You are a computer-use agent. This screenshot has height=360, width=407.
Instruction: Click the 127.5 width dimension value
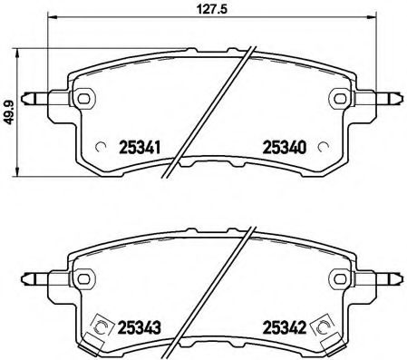coord(206,12)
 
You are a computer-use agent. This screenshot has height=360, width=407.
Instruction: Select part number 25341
coord(141,146)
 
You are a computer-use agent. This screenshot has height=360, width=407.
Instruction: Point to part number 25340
coord(284,146)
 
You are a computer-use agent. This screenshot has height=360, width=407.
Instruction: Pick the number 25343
coord(141,327)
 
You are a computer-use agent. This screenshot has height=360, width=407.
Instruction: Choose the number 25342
coord(284,327)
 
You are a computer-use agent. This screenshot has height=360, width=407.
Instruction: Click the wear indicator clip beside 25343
coord(103,327)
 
